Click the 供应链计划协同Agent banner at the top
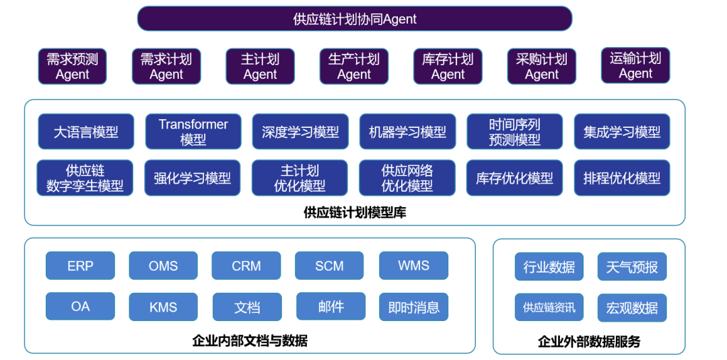(355, 19)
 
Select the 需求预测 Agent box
(72, 66)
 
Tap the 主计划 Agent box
(260, 66)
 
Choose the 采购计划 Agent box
(541, 66)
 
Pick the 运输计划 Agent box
(635, 65)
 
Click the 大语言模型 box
(85, 132)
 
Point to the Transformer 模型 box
(193, 132)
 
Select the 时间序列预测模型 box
(515, 132)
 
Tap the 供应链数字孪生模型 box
(85, 178)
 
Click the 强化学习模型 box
(193, 178)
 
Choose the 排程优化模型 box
(622, 178)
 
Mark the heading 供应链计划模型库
(355, 213)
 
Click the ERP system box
(80, 266)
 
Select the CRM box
(246, 266)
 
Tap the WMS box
(413, 266)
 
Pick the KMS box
(163, 307)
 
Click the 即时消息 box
(413, 307)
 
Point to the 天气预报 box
(632, 266)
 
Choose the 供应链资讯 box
(549, 308)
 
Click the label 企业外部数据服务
(589, 342)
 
